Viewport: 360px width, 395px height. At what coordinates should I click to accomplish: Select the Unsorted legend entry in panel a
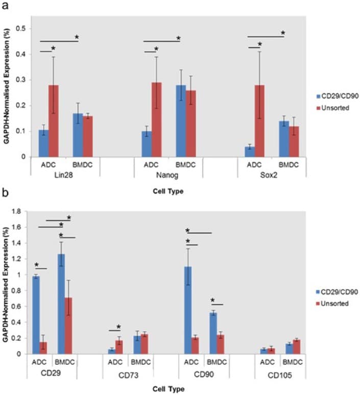327,109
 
